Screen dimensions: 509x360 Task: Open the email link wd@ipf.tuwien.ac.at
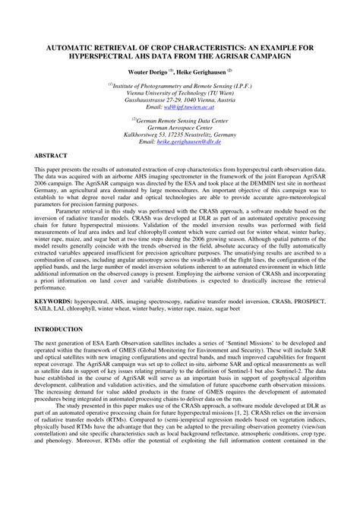click(x=195, y=108)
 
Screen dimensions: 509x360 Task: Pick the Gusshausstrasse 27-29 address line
click(x=180, y=100)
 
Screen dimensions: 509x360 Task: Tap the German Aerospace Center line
click(x=180, y=127)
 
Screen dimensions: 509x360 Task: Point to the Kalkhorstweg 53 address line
click(x=180, y=134)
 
